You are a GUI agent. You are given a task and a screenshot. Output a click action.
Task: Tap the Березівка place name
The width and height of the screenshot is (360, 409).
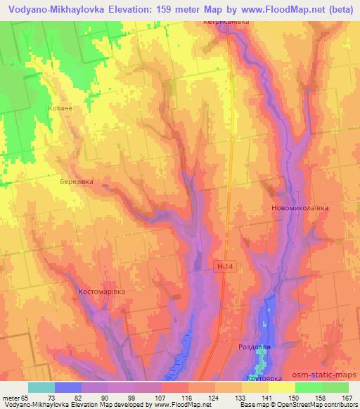coord(76,181)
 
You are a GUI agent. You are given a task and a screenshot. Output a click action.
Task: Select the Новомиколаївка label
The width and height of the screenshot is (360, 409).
coord(300,209)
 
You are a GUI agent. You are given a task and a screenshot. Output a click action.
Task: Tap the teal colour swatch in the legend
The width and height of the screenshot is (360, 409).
coord(41,387)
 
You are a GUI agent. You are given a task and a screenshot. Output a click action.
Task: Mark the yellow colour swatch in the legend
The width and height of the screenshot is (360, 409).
coord(281,387)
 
